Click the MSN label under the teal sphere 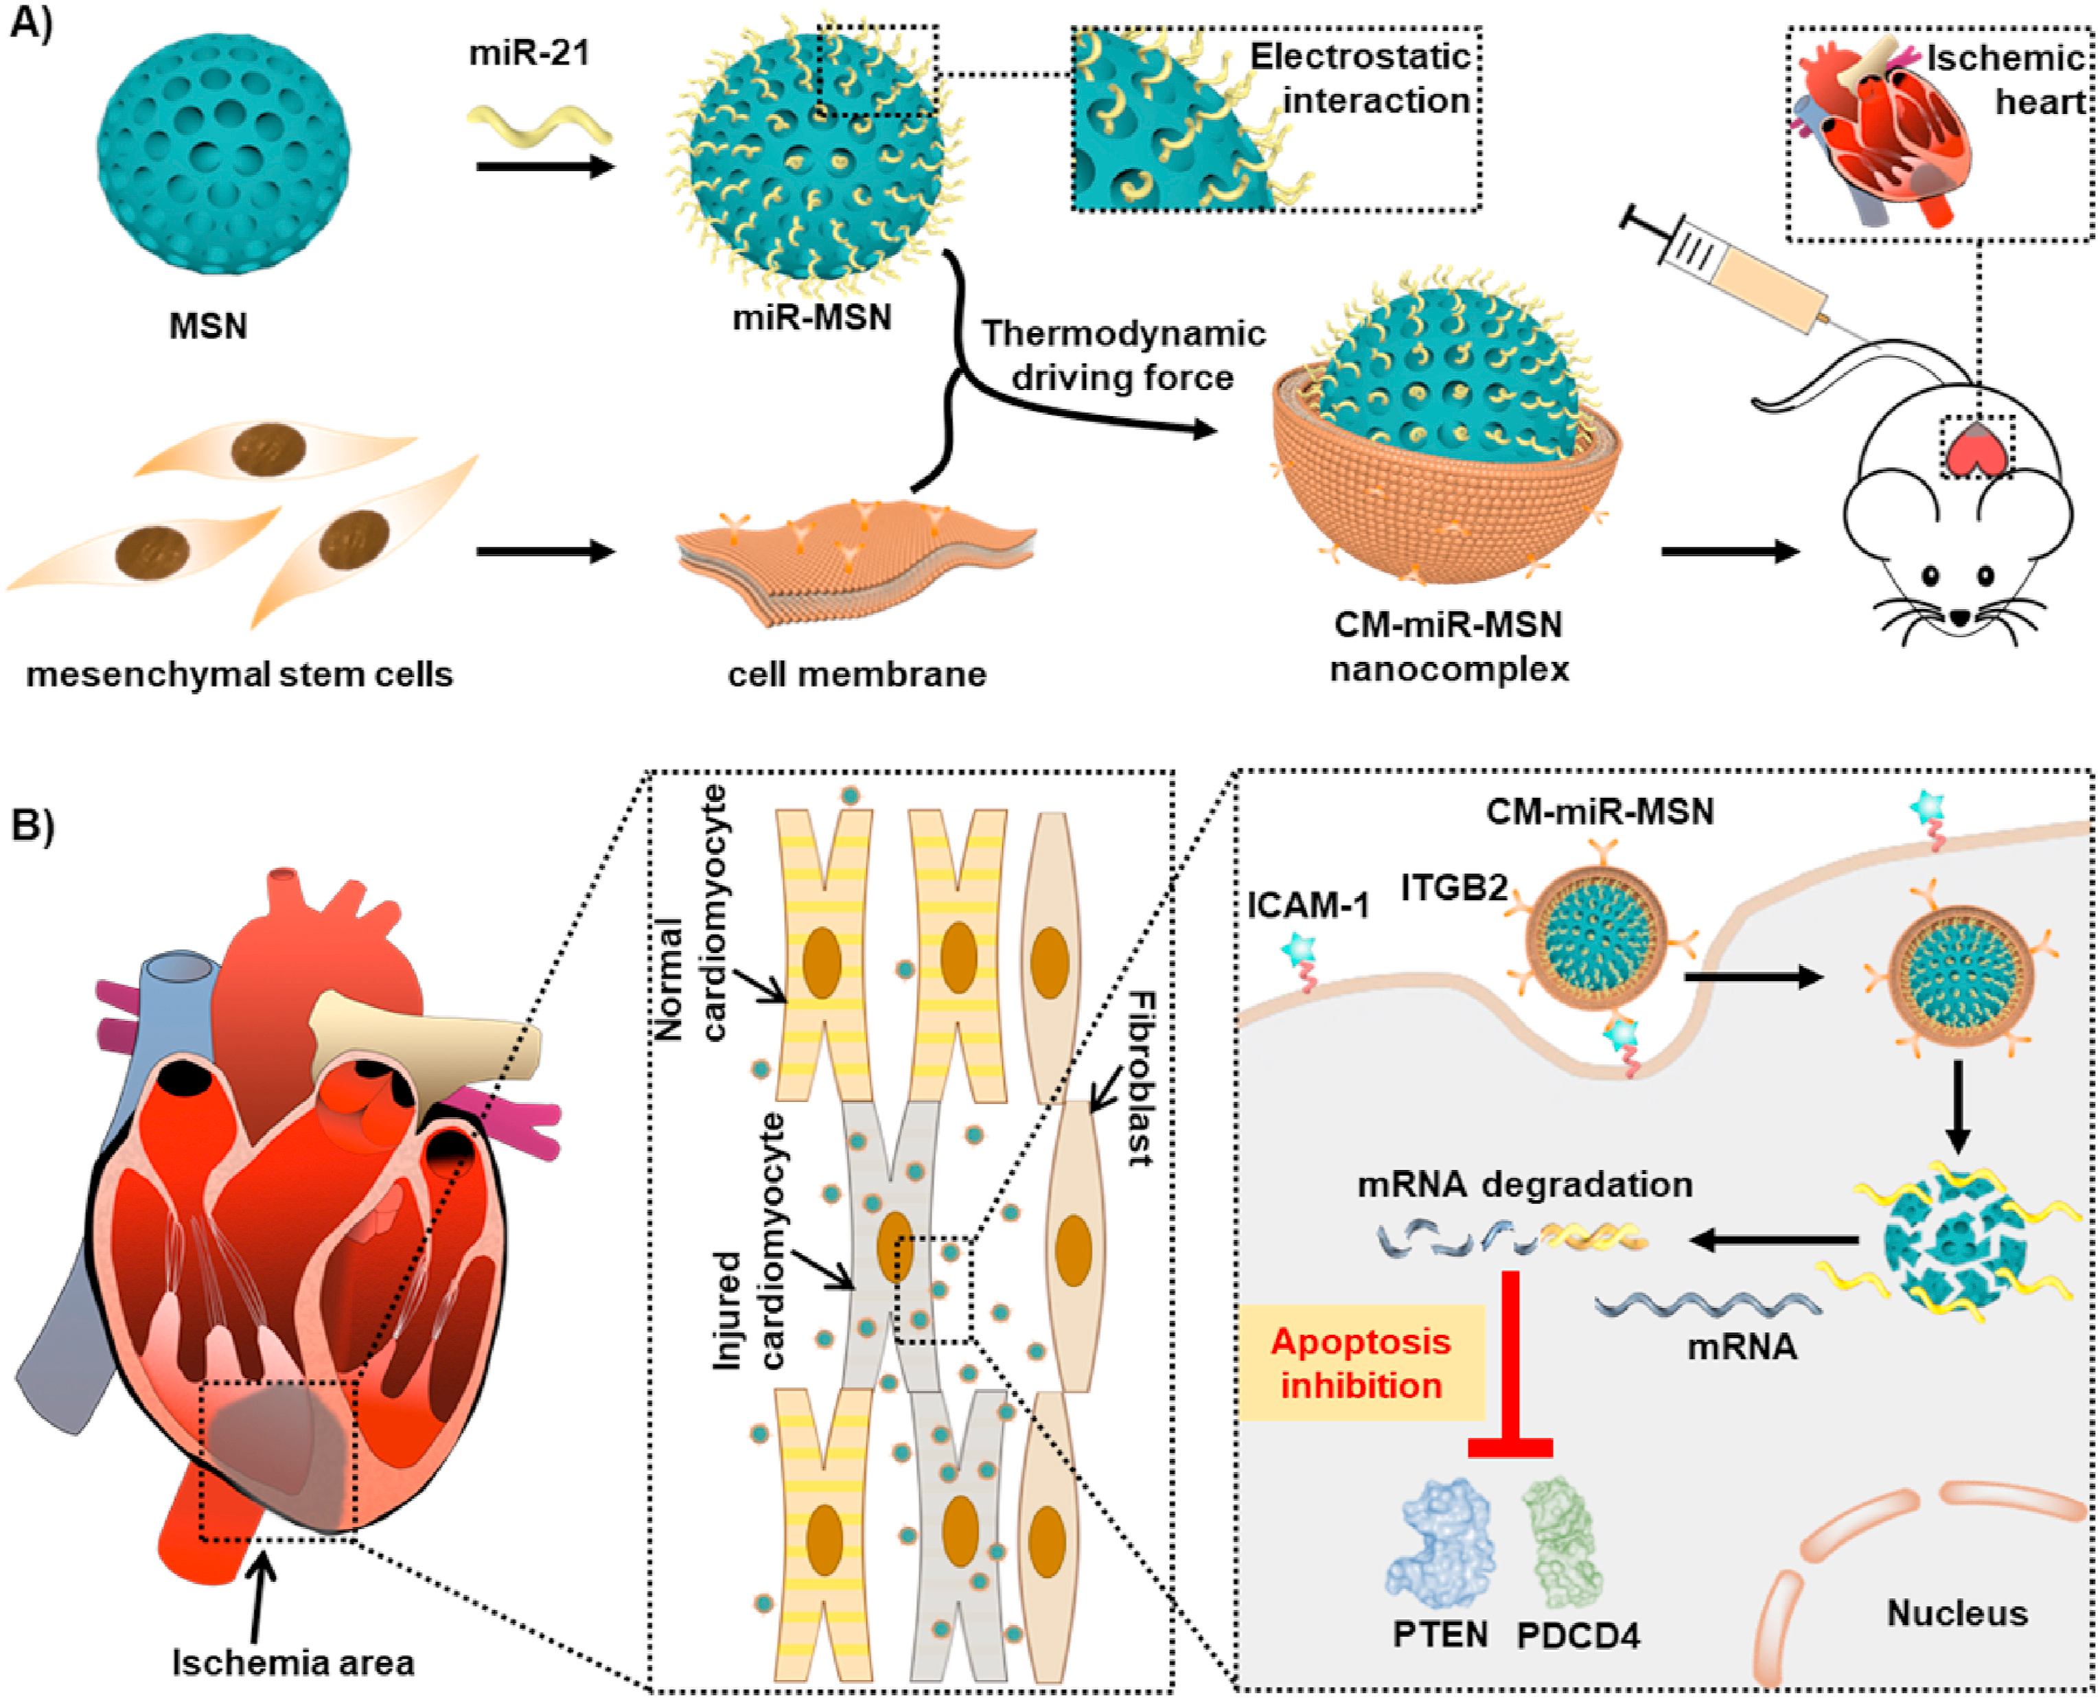[208, 325]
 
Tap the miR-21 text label [529, 53]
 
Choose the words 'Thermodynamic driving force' [1123, 355]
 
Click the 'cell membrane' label [857, 674]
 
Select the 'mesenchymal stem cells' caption [240, 674]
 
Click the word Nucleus [1957, 1612]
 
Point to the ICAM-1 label [1308, 908]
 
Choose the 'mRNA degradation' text [1524, 1184]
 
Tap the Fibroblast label [1137, 1077]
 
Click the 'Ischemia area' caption [292, 1662]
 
